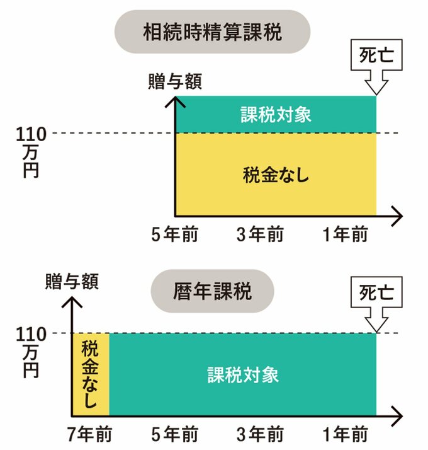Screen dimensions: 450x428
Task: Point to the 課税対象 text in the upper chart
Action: click(x=276, y=115)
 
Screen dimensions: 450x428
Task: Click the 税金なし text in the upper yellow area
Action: click(x=276, y=175)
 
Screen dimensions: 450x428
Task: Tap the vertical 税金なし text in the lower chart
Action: click(x=91, y=374)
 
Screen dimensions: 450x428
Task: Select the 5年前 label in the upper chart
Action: click(x=175, y=235)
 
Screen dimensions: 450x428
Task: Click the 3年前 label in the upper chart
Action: click(x=260, y=235)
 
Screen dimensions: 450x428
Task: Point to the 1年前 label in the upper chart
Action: click(x=345, y=235)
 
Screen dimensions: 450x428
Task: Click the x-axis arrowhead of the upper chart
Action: click(x=397, y=216)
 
